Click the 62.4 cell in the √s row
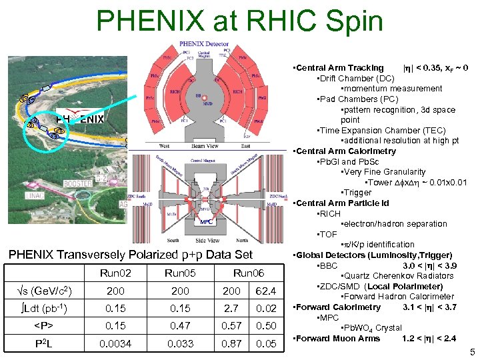click(x=266, y=291)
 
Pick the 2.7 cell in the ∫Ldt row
click(x=231, y=309)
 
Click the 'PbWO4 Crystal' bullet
click(x=371, y=328)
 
